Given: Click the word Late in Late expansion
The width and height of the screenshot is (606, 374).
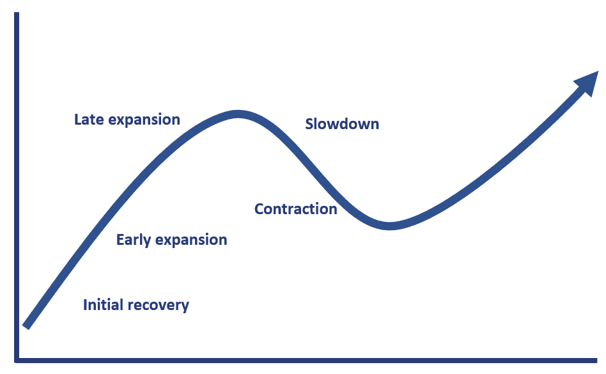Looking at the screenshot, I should (87, 120).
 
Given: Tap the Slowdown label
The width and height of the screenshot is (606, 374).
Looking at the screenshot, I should (342, 124).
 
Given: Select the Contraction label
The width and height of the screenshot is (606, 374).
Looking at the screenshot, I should (295, 209).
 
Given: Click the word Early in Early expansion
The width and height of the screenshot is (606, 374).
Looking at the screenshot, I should (134, 240).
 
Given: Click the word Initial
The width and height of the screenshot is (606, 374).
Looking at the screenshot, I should (102, 305).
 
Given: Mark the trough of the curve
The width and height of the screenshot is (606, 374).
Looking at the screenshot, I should (389, 226).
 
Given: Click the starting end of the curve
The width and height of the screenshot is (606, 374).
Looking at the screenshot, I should (26, 325).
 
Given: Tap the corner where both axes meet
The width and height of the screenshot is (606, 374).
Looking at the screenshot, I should (17, 361).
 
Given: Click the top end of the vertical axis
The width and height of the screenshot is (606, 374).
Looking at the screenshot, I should (17, 15).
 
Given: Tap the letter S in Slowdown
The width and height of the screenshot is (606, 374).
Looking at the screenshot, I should (309, 124).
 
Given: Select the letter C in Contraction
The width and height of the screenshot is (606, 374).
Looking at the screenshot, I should (259, 209).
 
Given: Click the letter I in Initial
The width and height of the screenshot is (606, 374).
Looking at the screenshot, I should (85, 305).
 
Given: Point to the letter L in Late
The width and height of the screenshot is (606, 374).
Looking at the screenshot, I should (78, 120).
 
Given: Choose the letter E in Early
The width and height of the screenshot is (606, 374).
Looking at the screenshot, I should (120, 240).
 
